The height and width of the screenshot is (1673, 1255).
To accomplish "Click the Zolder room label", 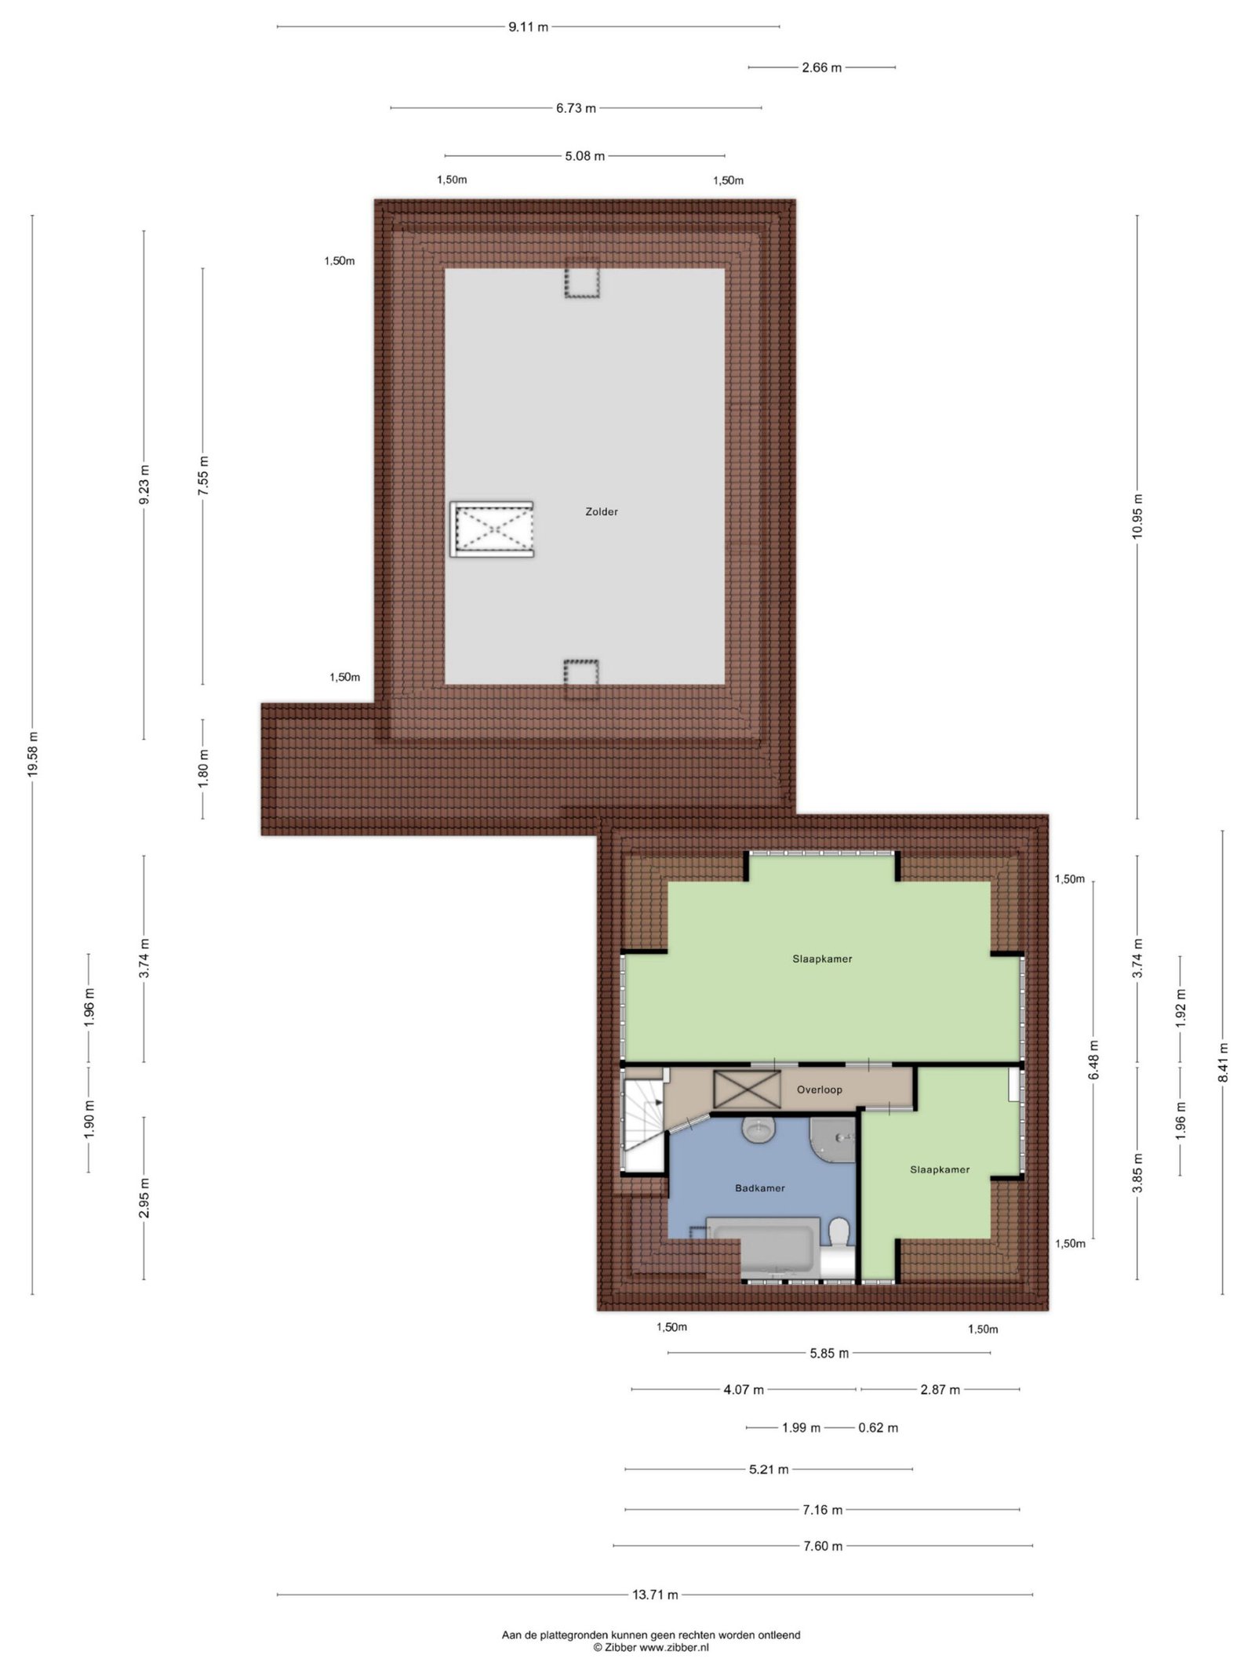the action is (602, 511).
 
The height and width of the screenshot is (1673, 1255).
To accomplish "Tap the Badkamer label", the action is (759, 1187).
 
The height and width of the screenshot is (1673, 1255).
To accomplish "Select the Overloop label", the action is (819, 1089).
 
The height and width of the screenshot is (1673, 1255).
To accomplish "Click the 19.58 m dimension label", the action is (32, 754).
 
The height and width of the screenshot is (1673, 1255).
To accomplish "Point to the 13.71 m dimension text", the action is (655, 1594).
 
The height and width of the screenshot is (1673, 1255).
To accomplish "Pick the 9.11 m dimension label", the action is (528, 27).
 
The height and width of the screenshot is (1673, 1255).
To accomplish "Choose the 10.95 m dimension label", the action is (1137, 515).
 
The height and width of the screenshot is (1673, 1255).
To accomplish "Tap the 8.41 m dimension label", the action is (1223, 1063).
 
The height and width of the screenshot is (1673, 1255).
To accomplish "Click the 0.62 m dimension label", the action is (878, 1428).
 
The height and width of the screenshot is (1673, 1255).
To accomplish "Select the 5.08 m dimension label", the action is (584, 156).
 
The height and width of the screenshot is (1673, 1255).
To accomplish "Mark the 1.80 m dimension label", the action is (202, 769).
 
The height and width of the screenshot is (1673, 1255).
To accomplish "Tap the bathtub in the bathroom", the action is (763, 1247).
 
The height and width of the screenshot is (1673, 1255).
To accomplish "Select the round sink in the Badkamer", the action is (758, 1130).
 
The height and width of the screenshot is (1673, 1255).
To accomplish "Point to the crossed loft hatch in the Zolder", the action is (493, 529).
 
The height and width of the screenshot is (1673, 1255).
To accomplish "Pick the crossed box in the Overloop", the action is (746, 1089).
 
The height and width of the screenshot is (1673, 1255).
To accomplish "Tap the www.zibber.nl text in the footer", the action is (674, 1647).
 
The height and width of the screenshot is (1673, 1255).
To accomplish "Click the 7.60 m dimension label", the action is (822, 1546).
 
